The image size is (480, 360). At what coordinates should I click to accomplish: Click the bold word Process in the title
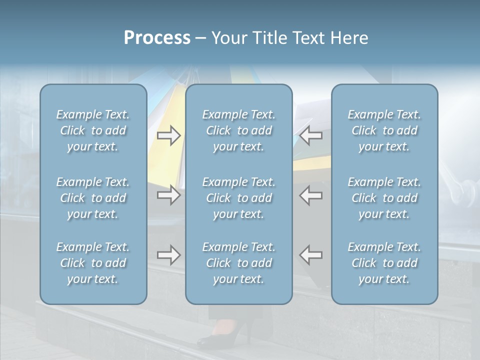(157, 38)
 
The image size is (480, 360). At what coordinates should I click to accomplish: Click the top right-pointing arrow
(168, 135)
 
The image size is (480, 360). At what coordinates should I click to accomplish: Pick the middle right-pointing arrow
(168, 195)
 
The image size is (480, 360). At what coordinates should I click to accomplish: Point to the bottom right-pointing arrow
(168, 255)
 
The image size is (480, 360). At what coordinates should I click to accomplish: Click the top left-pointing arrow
(311, 135)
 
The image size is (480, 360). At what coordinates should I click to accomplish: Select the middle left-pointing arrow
(311, 195)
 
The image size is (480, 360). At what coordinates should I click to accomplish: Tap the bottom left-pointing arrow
(311, 255)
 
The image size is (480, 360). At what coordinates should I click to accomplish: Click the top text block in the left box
(93, 130)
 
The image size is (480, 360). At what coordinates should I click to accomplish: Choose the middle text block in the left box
(93, 198)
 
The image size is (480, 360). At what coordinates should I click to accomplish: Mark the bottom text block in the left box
(93, 263)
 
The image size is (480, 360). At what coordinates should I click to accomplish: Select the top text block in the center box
(239, 130)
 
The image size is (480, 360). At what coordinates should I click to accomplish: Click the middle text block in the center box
(239, 198)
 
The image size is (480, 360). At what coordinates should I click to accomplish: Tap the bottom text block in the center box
(239, 263)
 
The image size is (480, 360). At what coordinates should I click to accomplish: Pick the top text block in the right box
(384, 130)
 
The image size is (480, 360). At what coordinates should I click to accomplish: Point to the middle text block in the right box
(384, 198)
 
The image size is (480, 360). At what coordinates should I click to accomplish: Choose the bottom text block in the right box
(384, 263)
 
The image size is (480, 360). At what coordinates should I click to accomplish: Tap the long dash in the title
(201, 38)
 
